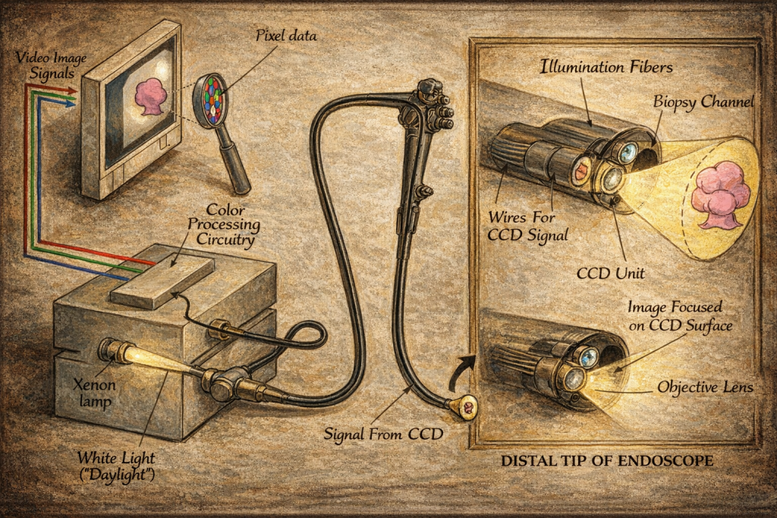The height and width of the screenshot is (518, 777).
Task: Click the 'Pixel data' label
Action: (x=286, y=35)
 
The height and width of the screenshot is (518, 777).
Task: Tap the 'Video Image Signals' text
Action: (x=51, y=65)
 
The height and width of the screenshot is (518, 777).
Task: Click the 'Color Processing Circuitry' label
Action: (x=224, y=224)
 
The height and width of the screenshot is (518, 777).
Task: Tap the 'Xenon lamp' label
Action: (x=94, y=392)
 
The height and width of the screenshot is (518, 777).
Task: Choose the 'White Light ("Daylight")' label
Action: (x=116, y=466)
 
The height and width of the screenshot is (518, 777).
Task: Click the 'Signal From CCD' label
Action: (x=383, y=435)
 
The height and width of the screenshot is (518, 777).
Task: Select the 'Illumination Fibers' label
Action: (x=606, y=66)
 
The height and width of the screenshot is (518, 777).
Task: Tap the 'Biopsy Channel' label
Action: (x=703, y=102)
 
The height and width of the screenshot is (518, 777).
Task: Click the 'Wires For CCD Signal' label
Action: (x=527, y=226)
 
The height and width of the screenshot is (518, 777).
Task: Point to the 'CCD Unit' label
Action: (x=611, y=273)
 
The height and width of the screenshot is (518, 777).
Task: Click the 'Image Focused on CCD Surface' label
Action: (x=679, y=316)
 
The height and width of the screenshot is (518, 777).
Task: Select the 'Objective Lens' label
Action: (x=705, y=387)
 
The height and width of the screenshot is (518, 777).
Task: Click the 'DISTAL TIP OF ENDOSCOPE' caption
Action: (x=607, y=460)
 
